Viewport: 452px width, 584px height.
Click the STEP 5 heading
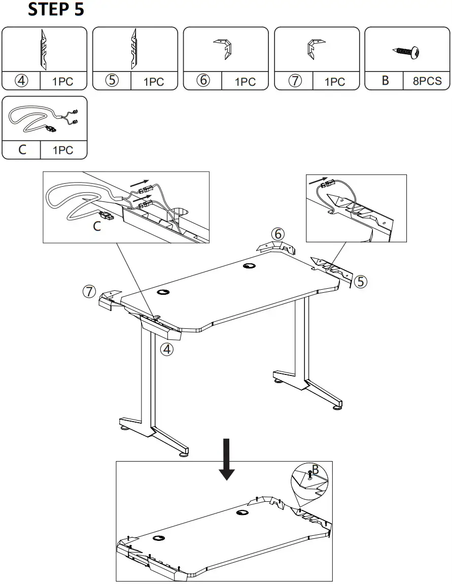click(x=55, y=10)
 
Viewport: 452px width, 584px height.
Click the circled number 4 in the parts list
click(x=21, y=81)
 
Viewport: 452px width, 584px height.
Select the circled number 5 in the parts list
click(x=112, y=81)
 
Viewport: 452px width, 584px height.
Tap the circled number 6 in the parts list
click(x=202, y=81)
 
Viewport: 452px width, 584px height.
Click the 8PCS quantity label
click(x=427, y=81)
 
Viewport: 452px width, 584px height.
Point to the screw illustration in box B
click(x=408, y=52)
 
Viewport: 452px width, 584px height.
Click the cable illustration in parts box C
click(x=43, y=119)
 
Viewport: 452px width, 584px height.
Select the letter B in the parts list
click(x=385, y=81)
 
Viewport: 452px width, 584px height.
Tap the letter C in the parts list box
click(x=21, y=150)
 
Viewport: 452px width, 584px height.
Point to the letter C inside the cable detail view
click(x=97, y=227)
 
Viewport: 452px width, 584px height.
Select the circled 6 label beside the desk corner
click(x=277, y=234)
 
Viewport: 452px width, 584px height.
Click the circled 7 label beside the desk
click(x=89, y=291)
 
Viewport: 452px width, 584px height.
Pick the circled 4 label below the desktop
click(x=167, y=349)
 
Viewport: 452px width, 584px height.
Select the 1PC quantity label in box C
click(x=63, y=150)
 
